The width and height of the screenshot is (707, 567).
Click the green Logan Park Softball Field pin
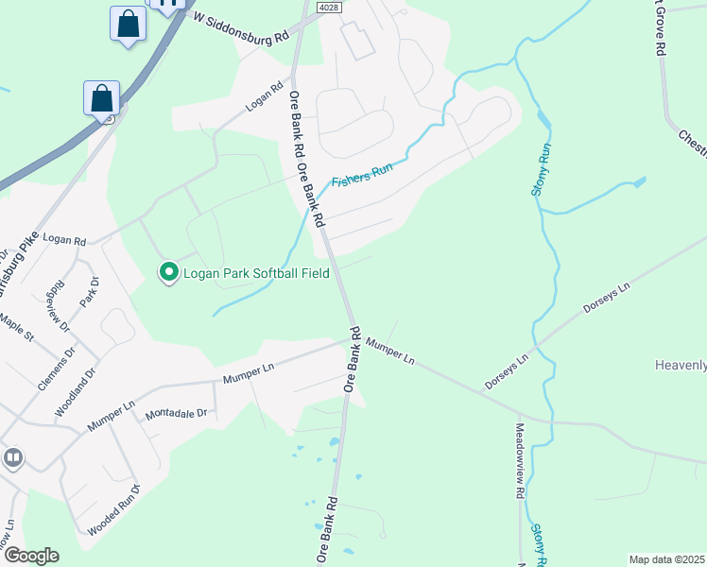point(169,273)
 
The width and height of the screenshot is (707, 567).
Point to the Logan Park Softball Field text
point(255,273)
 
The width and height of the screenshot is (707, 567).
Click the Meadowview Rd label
point(520,460)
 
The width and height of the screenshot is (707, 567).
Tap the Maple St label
point(16,329)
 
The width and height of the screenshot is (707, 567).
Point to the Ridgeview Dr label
point(62,305)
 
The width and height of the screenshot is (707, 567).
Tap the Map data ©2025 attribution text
point(666,559)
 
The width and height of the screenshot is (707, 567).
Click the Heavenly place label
point(680,365)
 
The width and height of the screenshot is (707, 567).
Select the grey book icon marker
point(12,458)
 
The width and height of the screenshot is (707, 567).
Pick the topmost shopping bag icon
point(128,24)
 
